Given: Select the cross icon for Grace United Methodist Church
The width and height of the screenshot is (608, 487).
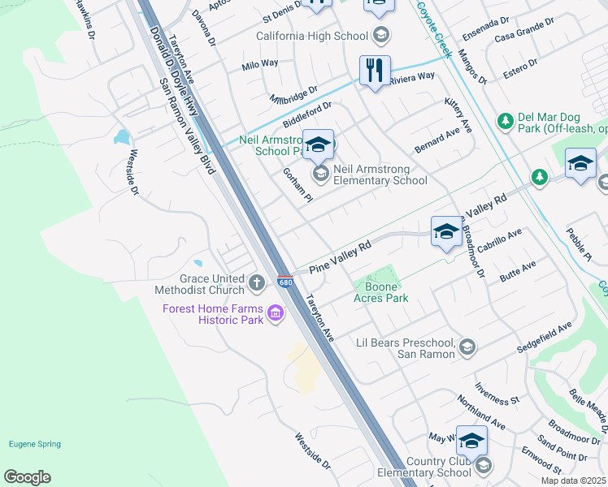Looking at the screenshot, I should tap(257, 283).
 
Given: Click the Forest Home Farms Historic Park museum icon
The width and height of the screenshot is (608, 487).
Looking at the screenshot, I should tap(275, 313).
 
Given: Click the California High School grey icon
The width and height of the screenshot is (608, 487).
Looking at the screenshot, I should tap(381, 36).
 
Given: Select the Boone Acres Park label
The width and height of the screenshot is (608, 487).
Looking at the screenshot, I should tap(380, 291).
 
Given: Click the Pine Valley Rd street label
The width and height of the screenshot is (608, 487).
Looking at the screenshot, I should tap(340, 256).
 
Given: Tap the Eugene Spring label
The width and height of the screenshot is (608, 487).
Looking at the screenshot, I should tap(32, 443).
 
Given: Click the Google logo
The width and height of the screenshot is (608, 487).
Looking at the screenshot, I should tap(27, 477).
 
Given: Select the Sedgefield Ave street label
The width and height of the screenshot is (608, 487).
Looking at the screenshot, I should tap(545, 337).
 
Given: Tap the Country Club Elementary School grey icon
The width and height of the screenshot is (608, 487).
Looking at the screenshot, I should tap(484, 465).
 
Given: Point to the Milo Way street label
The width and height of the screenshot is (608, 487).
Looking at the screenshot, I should tap(260, 63).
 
